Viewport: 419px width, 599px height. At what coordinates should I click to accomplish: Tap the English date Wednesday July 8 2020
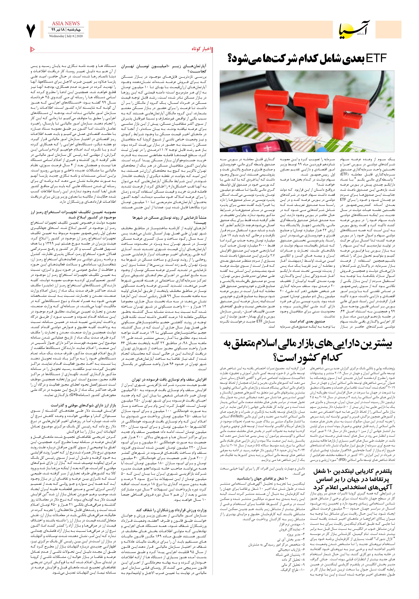pyautogui.click(x=66, y=36)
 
